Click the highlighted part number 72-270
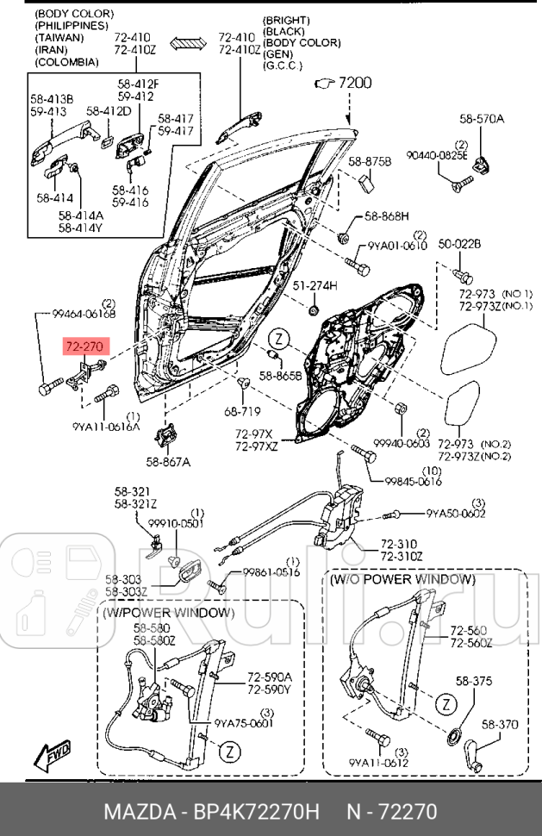tap(85, 346)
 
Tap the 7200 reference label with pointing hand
tap(344, 84)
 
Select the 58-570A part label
tap(482, 119)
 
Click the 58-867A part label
tap(168, 462)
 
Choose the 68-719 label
tap(243, 413)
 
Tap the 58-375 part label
tap(473, 681)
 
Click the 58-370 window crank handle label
tap(499, 726)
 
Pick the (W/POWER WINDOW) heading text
tap(168, 613)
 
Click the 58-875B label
tap(371, 161)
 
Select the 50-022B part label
tap(459, 244)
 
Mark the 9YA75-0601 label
tap(244, 723)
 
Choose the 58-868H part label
tap(386, 215)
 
